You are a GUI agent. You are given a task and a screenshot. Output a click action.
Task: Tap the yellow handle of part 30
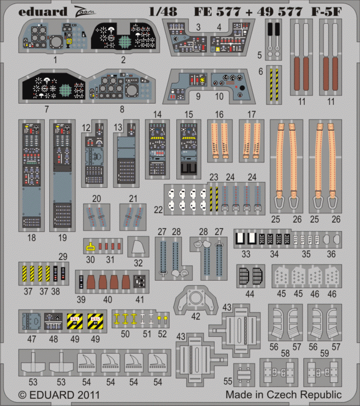point(90,245)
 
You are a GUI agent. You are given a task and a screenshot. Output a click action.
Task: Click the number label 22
point(158,209)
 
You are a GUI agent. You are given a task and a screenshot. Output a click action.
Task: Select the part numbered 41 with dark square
point(139,281)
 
